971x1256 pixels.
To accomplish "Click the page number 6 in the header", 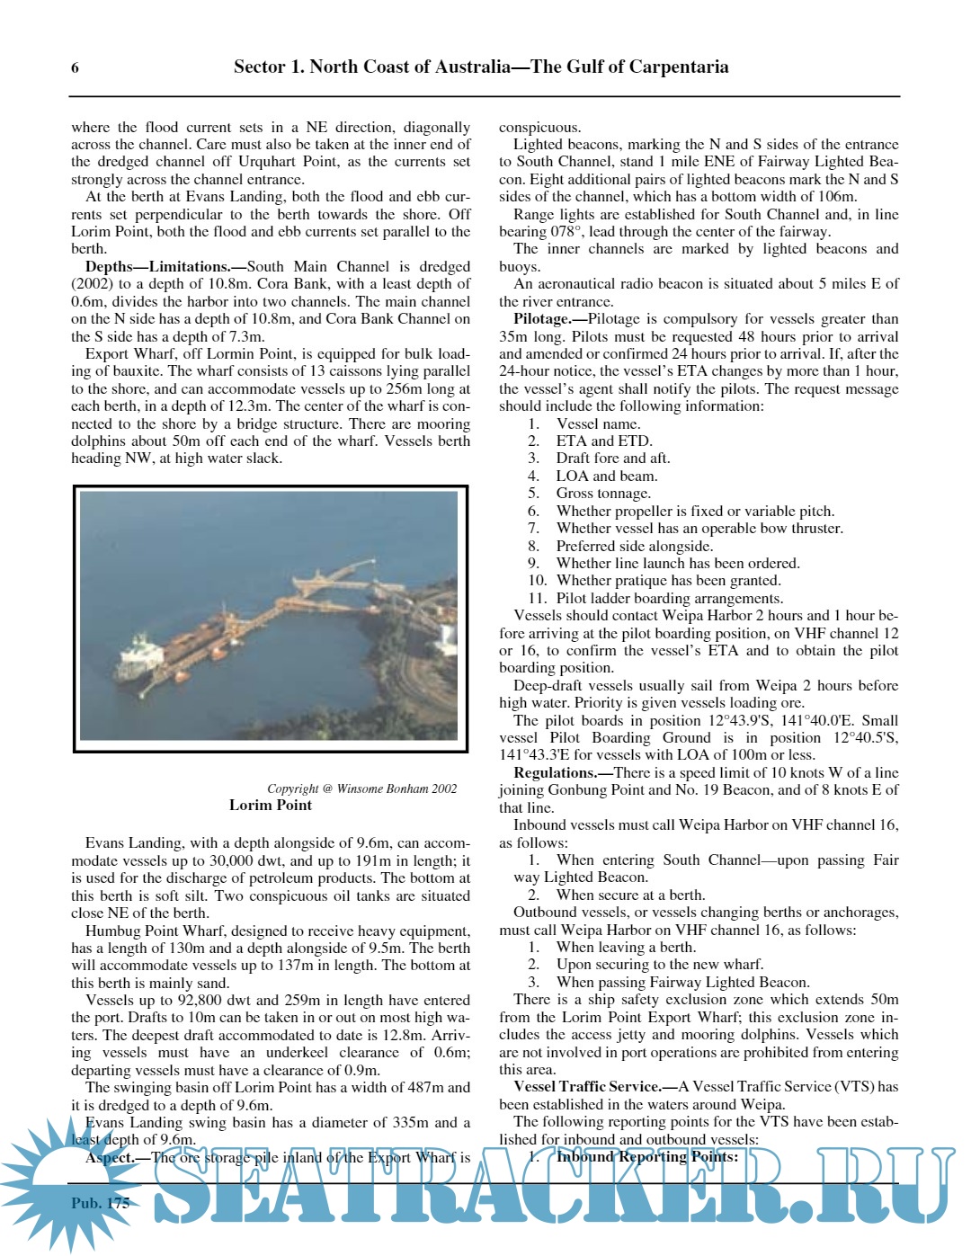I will point(75,68).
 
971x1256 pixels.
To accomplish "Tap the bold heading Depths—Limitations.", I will point(158,267).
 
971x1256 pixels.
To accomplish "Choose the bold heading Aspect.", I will point(109,1158).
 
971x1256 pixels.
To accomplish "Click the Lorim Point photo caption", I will point(270,806).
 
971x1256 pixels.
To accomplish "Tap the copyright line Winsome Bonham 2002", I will point(361,789).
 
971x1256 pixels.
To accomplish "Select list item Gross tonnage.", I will point(602,494).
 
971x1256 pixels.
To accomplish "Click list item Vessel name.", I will point(598,424).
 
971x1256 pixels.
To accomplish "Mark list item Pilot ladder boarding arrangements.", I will point(669,599).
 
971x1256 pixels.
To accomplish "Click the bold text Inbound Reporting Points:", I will point(646,1157).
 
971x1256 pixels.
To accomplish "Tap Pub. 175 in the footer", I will point(101,1203).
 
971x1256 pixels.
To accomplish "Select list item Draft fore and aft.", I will point(612,459).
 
